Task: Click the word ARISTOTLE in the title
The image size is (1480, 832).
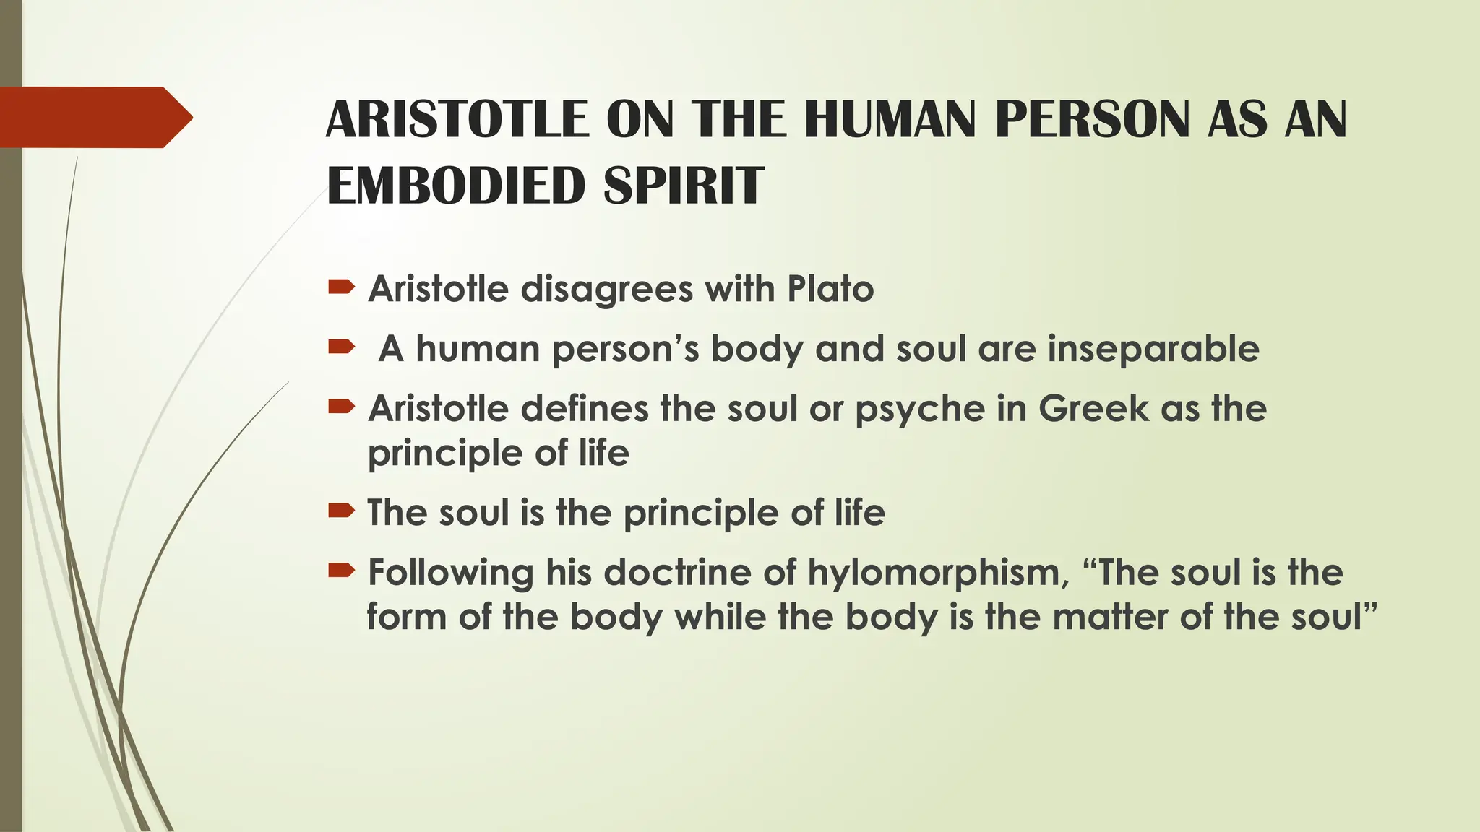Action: click(x=457, y=119)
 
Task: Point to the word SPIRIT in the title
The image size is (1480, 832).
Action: click(x=684, y=186)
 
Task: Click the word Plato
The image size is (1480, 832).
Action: click(x=830, y=289)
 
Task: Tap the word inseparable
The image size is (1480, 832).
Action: click(x=1153, y=350)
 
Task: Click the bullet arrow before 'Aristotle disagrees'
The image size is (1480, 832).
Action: click(x=341, y=288)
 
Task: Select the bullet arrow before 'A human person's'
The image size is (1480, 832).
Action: click(x=341, y=347)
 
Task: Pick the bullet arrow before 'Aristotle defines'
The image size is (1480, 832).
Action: click(x=341, y=407)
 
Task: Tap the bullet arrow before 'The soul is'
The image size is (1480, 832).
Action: click(x=341, y=511)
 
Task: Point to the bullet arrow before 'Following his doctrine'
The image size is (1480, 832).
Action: click(x=341, y=571)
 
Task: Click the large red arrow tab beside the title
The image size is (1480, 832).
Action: click(x=94, y=117)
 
